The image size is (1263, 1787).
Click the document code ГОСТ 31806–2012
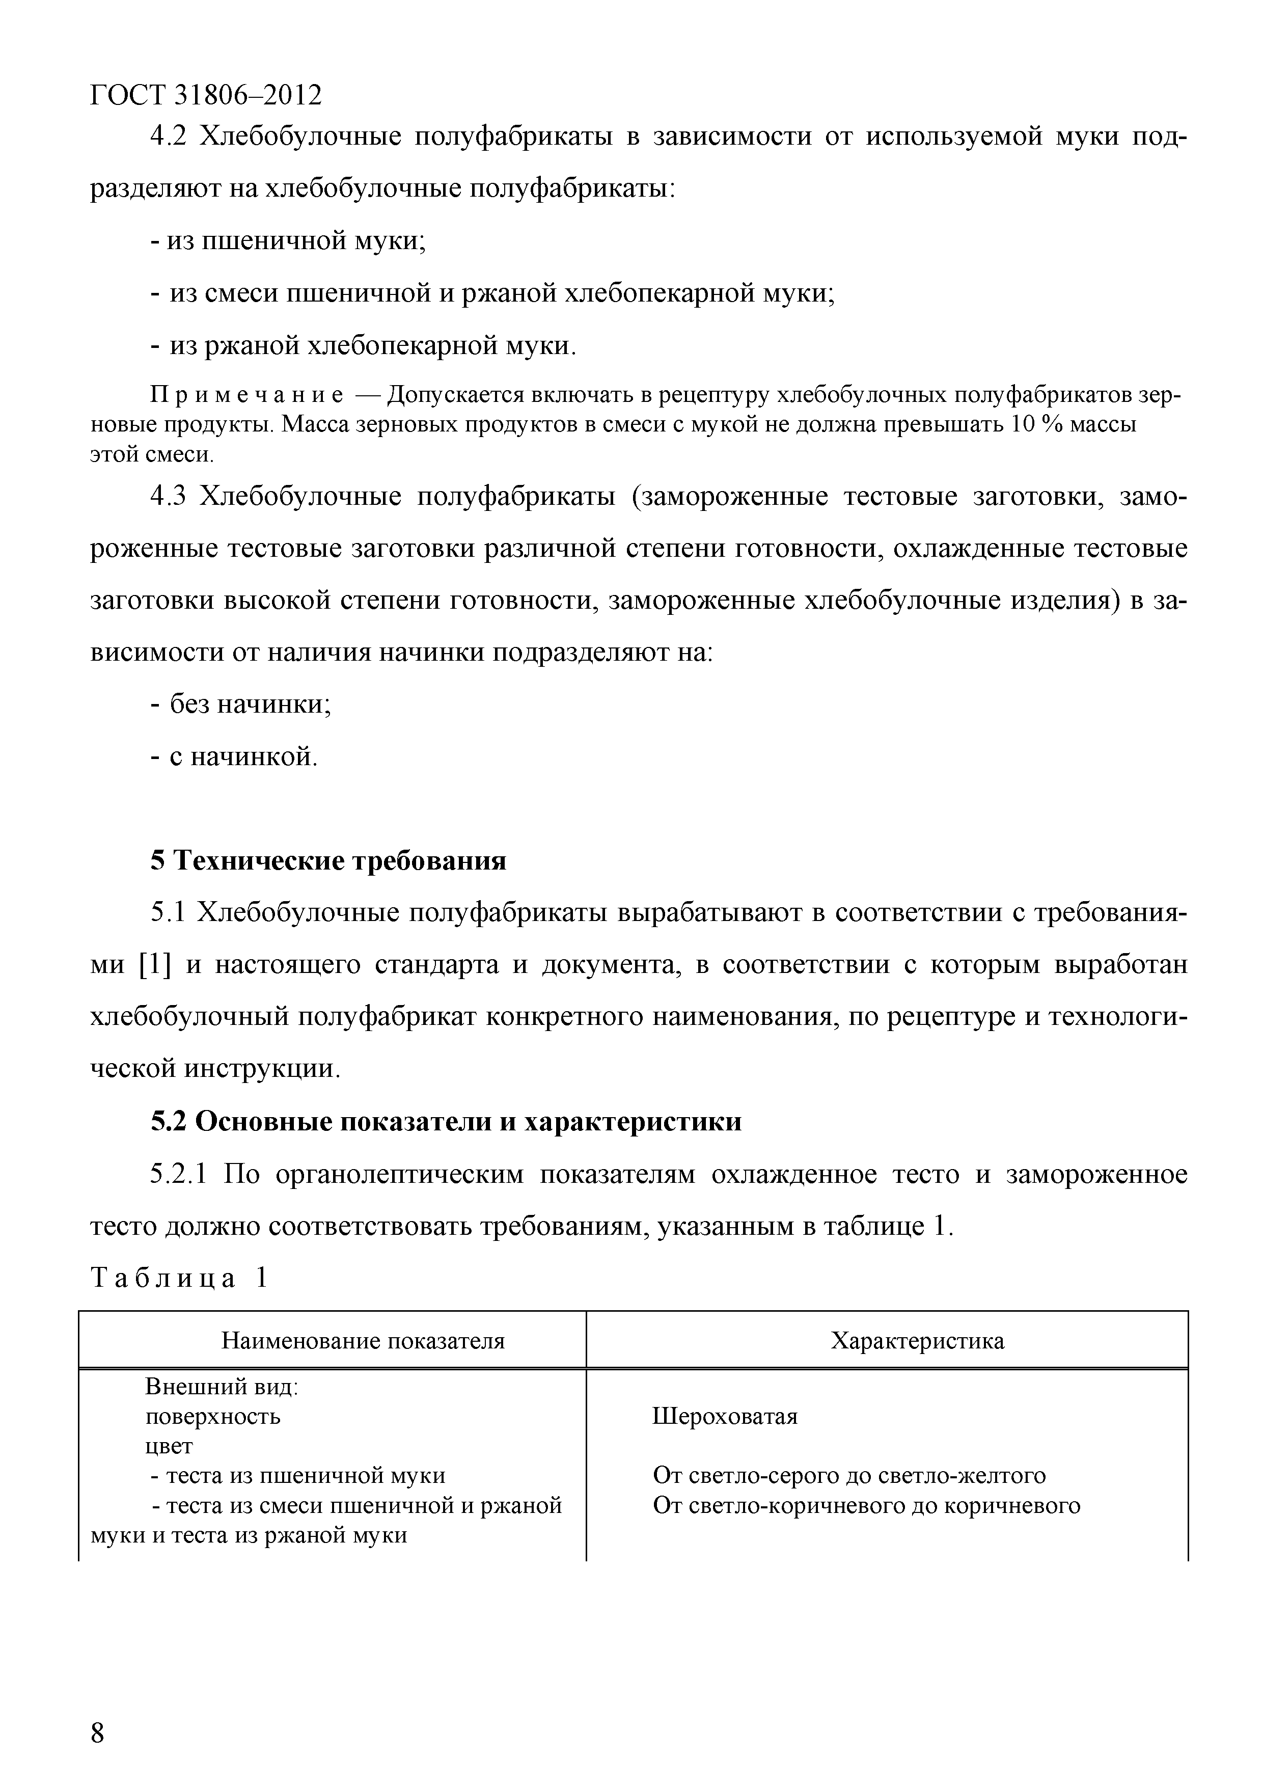[x=206, y=95]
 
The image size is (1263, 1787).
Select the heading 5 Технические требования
[x=327, y=861]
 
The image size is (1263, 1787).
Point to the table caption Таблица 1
[x=180, y=1278]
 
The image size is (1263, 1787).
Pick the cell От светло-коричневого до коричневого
[x=866, y=1505]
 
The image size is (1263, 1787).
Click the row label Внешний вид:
[x=223, y=1387]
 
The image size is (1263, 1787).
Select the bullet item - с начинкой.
[x=234, y=756]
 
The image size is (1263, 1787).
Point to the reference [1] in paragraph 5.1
[x=154, y=965]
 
